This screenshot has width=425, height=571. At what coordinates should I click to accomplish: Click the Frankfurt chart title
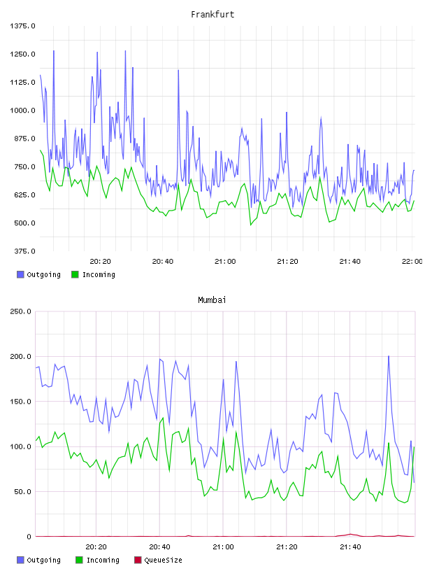click(x=212, y=15)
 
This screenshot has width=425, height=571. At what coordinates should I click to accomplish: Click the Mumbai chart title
click(x=212, y=300)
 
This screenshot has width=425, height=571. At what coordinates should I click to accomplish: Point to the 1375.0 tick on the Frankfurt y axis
click(x=22, y=26)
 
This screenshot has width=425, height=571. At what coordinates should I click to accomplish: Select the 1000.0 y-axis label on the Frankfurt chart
click(x=22, y=111)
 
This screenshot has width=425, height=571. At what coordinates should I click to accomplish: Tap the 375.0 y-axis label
click(x=24, y=251)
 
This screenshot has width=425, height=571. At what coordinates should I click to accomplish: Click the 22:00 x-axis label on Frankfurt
click(x=412, y=262)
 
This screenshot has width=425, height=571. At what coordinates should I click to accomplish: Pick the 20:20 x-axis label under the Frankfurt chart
click(x=100, y=262)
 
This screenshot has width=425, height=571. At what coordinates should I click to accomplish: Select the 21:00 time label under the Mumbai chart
click(x=223, y=547)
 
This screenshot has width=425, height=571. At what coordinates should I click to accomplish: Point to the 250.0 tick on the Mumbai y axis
click(x=20, y=311)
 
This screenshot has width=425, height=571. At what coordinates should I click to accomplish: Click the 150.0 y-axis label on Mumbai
click(x=20, y=401)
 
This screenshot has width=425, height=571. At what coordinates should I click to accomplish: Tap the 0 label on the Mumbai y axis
click(x=29, y=537)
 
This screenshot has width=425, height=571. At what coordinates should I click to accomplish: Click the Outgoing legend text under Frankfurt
click(x=43, y=274)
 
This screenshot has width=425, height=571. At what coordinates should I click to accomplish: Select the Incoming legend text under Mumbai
click(x=103, y=560)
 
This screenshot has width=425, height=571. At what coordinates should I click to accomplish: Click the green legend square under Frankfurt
click(x=75, y=274)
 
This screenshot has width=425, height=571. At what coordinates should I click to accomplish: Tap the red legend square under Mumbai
click(x=138, y=560)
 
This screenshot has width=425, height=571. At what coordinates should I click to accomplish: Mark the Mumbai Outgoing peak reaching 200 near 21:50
click(x=389, y=356)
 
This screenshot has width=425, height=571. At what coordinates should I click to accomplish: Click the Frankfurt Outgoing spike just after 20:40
click(x=178, y=70)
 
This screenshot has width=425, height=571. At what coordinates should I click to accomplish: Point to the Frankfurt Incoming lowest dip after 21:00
click(x=251, y=225)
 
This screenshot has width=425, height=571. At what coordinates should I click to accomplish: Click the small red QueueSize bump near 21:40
click(x=350, y=534)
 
